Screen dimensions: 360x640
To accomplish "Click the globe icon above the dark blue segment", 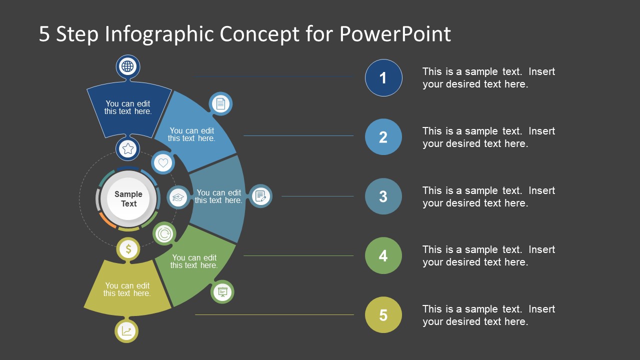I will (x=128, y=66).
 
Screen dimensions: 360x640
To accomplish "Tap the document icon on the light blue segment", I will (x=220, y=104).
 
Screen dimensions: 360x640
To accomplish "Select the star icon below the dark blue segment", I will (x=128, y=148).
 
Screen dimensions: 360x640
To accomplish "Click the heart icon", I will (x=163, y=162).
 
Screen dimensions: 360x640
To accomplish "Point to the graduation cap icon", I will (x=178, y=197).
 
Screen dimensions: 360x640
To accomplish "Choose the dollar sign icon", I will (x=128, y=249).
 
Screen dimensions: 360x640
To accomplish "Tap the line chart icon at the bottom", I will (x=127, y=331).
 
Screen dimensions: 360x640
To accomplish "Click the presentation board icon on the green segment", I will (x=222, y=292).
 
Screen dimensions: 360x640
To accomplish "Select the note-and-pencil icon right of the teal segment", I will (x=260, y=196).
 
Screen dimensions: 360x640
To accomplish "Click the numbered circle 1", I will (x=383, y=78).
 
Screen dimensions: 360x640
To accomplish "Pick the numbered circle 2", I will (x=383, y=137).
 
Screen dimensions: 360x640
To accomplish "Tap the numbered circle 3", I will (x=383, y=196).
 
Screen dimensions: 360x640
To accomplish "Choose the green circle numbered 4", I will (x=383, y=256).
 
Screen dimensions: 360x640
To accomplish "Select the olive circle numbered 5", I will (x=383, y=315).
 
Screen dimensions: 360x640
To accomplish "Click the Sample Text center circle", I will (x=128, y=199).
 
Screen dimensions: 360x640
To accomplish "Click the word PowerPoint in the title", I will (x=395, y=34).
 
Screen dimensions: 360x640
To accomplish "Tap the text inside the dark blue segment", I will (x=128, y=108).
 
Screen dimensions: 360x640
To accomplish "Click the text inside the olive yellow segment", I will (x=127, y=290).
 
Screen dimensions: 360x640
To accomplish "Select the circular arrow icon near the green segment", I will (x=164, y=233).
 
